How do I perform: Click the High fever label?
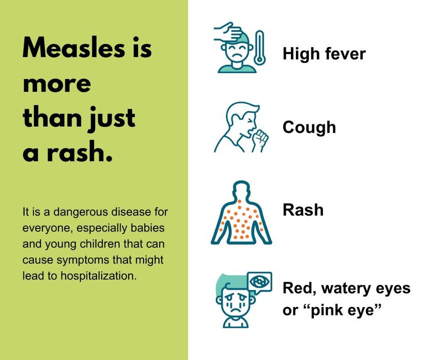pos(324,53)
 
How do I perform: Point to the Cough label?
pos(309,127)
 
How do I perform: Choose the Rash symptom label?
pos(303,209)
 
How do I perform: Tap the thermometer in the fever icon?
pos(259,49)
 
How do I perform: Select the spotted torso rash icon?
pos(241,215)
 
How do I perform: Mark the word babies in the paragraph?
pos(149,228)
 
